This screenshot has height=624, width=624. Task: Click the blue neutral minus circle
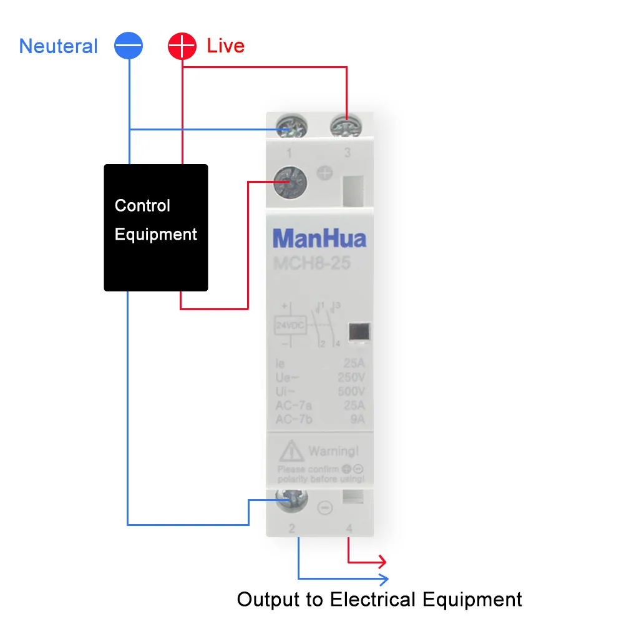pyautogui.click(x=129, y=46)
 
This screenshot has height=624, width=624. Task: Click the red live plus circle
pyautogui.click(x=182, y=46)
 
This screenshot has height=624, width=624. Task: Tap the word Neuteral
pyautogui.click(x=59, y=46)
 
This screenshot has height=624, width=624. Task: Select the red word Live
pyautogui.click(x=225, y=46)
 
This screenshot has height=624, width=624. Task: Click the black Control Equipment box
pyautogui.click(x=155, y=227)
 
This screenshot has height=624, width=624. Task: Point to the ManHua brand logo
pyautogui.click(x=319, y=238)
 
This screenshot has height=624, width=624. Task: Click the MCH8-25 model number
pyautogui.click(x=312, y=263)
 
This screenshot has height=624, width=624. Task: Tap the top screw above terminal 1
pyautogui.click(x=290, y=127)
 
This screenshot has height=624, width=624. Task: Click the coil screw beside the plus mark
pyautogui.click(x=291, y=183)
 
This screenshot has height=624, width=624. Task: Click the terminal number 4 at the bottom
pyautogui.click(x=349, y=529)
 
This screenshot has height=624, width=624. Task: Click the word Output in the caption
pyautogui.click(x=268, y=600)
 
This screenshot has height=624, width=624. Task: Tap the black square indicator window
pyautogui.click(x=358, y=333)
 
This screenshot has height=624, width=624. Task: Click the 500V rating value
pyautogui.click(x=351, y=392)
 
